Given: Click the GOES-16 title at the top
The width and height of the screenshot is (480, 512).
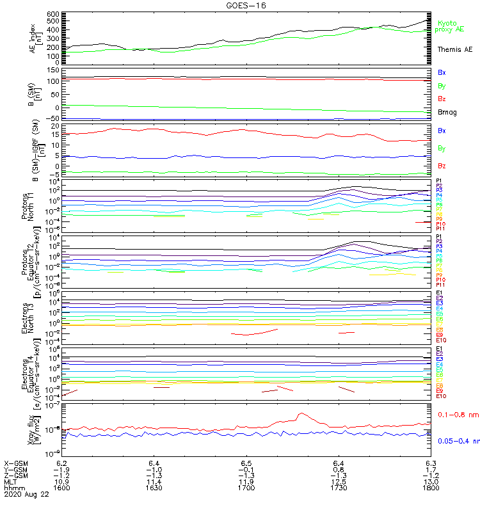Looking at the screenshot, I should pyautogui.click(x=246, y=5).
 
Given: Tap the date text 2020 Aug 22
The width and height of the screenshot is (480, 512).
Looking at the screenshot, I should pyautogui.click(x=23, y=494).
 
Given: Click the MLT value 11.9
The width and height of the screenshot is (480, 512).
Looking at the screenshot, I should pyautogui.click(x=246, y=481).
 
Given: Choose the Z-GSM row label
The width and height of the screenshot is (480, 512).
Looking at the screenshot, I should pyautogui.click(x=17, y=475).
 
